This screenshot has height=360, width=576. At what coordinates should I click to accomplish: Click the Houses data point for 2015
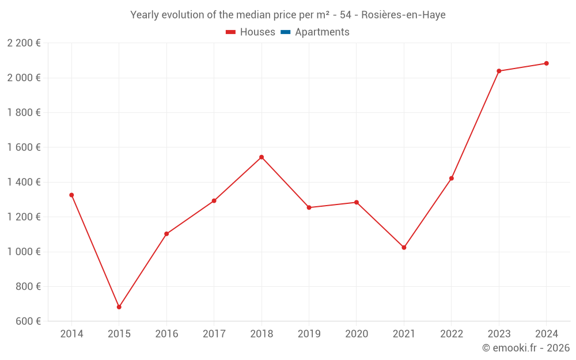[119, 307]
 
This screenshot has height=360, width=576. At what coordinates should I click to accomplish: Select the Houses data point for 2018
[262, 157]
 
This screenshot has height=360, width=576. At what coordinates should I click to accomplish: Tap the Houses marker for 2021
[404, 248]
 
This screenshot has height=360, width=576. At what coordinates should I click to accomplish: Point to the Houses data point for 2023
[499, 71]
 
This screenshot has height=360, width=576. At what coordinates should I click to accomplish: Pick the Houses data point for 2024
[546, 63]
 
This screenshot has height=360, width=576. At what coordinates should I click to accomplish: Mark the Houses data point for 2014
[71, 195]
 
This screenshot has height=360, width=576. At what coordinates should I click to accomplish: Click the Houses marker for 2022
[452, 179]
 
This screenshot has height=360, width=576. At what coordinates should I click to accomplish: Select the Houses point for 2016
[166, 234]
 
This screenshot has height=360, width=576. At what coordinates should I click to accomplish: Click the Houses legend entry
[250, 32]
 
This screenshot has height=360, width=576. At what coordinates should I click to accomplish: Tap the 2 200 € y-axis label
[24, 43]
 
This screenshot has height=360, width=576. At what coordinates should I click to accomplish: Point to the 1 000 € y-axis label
[24, 252]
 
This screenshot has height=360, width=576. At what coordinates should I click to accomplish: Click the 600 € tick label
[27, 321]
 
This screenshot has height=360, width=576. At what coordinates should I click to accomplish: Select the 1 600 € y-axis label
[24, 147]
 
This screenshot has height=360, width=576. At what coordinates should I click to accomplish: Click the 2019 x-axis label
[309, 334]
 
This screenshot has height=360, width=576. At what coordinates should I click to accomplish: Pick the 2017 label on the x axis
[214, 334]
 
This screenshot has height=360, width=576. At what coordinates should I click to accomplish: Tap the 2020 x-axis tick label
[357, 334]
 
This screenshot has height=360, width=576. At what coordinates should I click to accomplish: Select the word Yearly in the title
[146, 15]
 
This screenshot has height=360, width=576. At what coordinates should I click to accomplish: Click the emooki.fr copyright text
[526, 348]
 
